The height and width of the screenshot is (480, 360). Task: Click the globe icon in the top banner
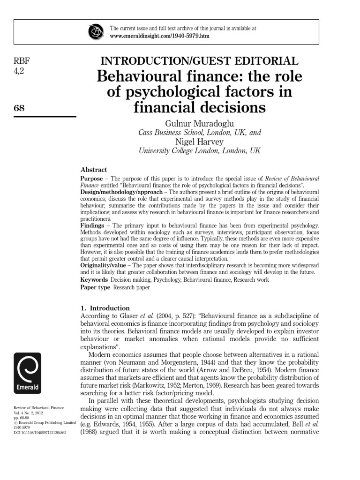click(96, 32)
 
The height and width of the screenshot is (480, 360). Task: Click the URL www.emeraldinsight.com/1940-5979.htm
click(159, 36)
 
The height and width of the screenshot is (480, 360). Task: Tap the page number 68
click(19, 108)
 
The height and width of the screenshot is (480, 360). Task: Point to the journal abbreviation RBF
click(22, 61)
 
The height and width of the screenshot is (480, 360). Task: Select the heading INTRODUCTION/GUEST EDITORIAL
click(199, 61)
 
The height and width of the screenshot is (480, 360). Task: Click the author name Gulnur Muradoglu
click(199, 123)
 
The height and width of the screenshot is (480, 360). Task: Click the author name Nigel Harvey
click(199, 142)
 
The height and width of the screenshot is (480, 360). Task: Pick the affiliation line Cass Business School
click(199, 133)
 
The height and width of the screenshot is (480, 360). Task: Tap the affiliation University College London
click(199, 151)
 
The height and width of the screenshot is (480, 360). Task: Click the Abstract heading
click(94, 170)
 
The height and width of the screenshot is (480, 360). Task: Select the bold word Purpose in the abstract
click(91, 179)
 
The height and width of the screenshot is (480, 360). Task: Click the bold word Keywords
click(94, 279)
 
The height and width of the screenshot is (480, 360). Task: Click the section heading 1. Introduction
click(105, 308)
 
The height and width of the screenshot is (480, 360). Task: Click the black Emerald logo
click(28, 373)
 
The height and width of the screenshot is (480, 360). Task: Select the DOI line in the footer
click(40, 432)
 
